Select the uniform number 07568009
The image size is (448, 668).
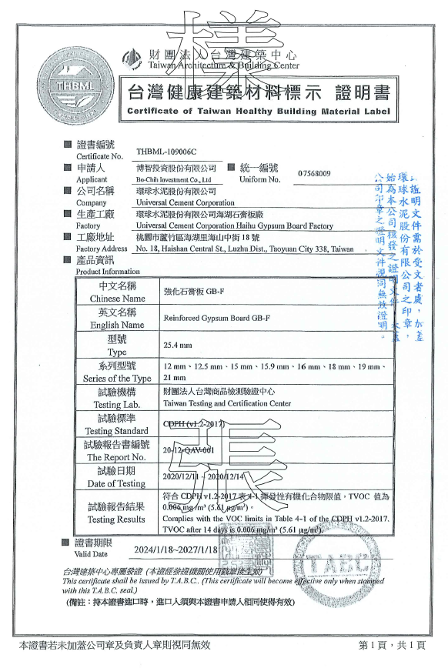(x=315, y=173)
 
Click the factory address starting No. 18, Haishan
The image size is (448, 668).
(x=244, y=249)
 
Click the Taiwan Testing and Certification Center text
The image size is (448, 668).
(x=227, y=403)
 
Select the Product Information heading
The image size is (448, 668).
(x=108, y=272)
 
